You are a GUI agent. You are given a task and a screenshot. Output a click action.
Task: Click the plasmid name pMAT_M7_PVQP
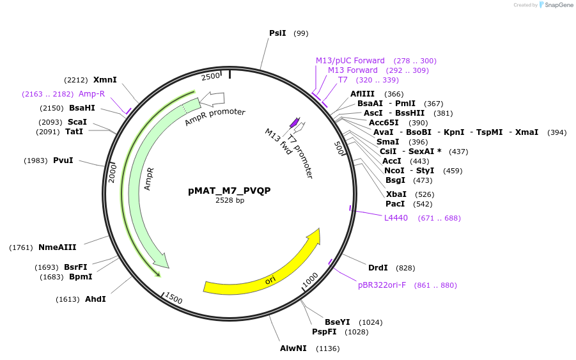(x=230, y=191)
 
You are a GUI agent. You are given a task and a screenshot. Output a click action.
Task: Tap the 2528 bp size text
(x=230, y=200)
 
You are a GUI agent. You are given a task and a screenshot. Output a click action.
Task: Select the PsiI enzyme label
(x=277, y=33)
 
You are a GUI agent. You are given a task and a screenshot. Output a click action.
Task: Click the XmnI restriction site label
(x=105, y=80)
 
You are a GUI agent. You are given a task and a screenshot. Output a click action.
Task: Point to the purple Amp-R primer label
(x=91, y=94)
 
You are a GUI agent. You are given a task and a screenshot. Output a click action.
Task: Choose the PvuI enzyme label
(x=63, y=160)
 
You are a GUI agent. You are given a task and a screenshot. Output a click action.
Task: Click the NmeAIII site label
(x=57, y=247)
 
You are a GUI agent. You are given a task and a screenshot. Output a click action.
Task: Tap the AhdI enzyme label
(x=95, y=299)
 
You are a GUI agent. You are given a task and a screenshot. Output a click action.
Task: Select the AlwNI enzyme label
(x=293, y=348)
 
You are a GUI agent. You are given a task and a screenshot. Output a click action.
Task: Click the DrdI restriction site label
(x=378, y=267)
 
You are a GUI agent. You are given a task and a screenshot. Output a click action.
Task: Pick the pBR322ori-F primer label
(x=382, y=285)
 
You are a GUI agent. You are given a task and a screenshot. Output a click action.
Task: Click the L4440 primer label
(x=396, y=218)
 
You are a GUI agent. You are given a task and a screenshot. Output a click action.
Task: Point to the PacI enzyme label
(x=394, y=204)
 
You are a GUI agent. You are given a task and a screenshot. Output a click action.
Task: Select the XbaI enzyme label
(x=396, y=194)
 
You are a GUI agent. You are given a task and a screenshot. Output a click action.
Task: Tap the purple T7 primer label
(x=343, y=80)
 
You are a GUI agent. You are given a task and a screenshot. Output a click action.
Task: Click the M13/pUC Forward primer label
(x=350, y=61)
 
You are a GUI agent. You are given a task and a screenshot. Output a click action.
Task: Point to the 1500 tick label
(x=173, y=298)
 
